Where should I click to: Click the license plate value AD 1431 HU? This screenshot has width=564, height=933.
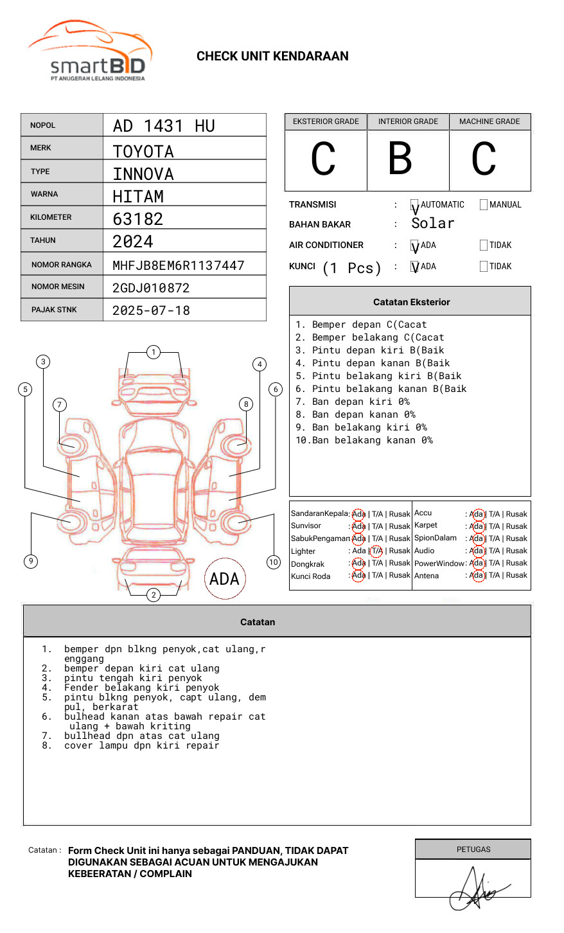[164, 126]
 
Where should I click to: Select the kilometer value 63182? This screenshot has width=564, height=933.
[138, 219]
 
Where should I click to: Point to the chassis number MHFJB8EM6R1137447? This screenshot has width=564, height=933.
[179, 265]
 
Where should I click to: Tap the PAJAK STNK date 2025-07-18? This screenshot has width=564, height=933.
[152, 310]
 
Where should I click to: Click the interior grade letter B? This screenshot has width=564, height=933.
[400, 159]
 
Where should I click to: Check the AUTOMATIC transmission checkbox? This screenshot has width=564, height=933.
[415, 206]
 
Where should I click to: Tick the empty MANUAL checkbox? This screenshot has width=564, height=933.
[484, 205]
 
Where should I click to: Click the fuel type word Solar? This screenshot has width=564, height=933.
[433, 224]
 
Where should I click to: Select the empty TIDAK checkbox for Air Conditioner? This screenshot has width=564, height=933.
[484, 245]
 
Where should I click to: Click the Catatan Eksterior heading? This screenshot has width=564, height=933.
[411, 302]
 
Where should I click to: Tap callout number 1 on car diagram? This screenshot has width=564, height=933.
[153, 352]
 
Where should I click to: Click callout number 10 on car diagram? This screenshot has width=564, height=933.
[274, 562]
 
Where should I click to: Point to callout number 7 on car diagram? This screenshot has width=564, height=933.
[60, 404]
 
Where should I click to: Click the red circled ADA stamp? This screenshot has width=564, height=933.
[225, 579]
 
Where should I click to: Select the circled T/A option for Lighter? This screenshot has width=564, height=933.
[376, 551]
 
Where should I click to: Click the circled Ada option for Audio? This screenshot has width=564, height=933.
[477, 551]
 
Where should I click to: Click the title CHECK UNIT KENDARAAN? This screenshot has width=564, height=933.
[272, 57]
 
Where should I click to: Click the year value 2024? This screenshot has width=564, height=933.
[133, 242]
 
